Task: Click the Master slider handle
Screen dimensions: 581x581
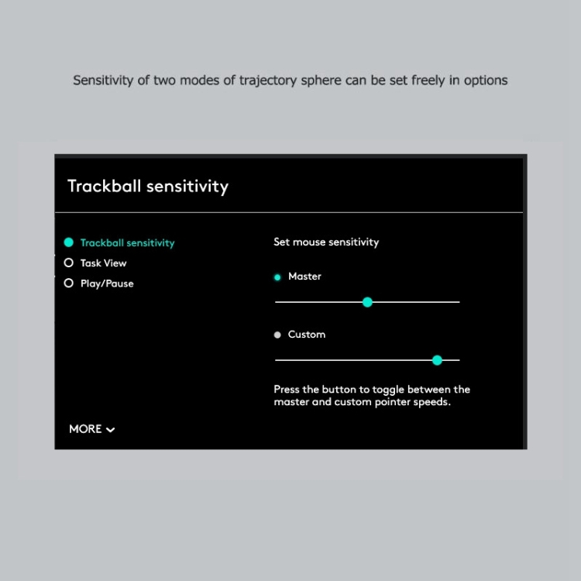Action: pos(367,302)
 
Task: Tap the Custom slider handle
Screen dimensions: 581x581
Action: pos(437,360)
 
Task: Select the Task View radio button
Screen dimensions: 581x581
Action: pos(69,263)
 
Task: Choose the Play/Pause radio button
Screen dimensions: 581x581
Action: pos(69,284)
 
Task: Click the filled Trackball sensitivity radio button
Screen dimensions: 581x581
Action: pos(69,242)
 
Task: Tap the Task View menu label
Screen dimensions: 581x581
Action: pos(103,263)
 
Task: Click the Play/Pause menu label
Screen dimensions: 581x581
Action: pos(107,284)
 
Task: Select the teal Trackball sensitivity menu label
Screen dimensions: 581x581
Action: pos(127,243)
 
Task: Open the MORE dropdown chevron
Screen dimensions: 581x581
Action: pos(111,430)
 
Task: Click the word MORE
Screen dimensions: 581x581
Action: pos(85,429)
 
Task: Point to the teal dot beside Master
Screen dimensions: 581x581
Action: pos(277,277)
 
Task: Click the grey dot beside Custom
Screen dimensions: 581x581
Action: pos(277,335)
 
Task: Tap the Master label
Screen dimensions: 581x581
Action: pos(304,277)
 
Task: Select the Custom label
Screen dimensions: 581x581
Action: pos(307,335)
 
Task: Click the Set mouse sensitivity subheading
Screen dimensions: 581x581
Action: pos(326,242)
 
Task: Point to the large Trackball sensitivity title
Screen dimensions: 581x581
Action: pos(148,187)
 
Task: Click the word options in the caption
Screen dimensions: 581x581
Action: pos(486,81)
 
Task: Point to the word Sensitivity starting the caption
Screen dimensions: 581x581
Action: pos(103,81)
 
